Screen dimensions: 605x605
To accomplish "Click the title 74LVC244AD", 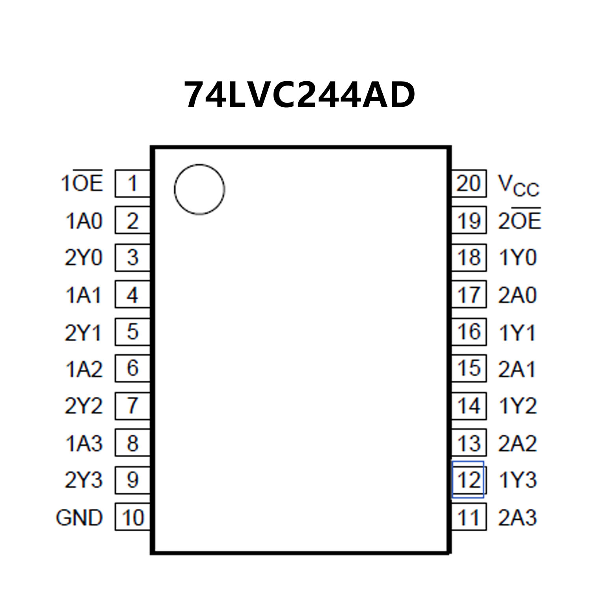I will point(300,95).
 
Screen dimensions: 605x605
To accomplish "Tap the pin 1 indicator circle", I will point(199,190).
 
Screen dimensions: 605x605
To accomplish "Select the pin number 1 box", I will point(132,183).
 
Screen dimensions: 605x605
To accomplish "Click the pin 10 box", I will point(132,517).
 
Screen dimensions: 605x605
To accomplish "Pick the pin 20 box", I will point(469,183).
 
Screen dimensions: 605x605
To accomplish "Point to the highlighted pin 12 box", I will point(468,479).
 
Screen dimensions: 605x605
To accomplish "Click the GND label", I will point(79,518).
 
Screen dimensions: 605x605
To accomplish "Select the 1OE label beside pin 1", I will point(82,183).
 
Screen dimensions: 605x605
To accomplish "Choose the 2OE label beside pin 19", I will point(519,220).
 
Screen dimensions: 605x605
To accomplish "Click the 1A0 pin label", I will point(84,221).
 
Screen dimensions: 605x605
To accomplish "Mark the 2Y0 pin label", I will point(83,257).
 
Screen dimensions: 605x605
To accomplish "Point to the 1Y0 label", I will point(518,257).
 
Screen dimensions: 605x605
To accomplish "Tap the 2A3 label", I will point(518,517).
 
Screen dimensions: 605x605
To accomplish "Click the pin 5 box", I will point(132,331).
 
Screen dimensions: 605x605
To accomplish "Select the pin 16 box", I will point(469,331).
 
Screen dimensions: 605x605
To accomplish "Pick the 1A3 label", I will point(84,443).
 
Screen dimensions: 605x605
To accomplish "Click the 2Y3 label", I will point(83,480).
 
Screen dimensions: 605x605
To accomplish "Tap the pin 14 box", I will point(469,406).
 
